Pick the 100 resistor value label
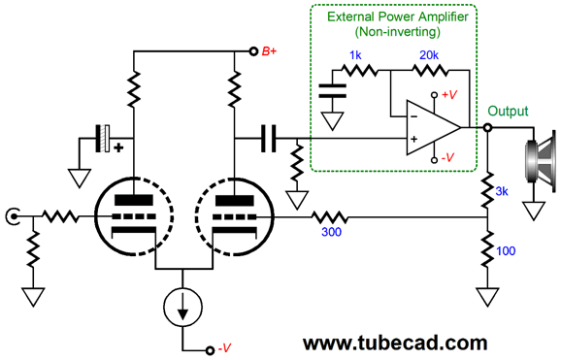point(506,251)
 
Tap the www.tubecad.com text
point(394,343)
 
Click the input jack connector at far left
point(13,215)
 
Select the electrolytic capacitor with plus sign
point(107,139)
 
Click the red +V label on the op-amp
point(447,95)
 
